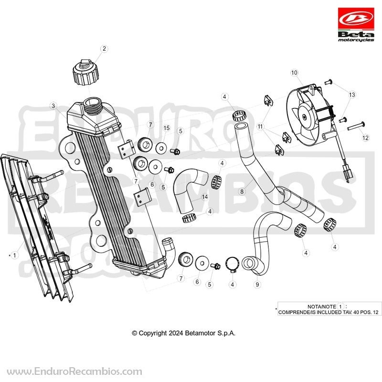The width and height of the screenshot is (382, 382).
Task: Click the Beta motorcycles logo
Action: tap(356, 25)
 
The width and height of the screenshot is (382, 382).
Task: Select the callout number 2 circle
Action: tap(104, 49)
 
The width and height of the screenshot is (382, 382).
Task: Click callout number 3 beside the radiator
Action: tap(53, 106)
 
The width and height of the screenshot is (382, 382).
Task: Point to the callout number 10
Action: tap(294, 73)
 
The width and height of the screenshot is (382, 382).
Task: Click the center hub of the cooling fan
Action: tap(305, 117)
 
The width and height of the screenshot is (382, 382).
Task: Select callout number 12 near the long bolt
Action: tap(365, 138)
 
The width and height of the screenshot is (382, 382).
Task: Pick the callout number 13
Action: tap(352, 95)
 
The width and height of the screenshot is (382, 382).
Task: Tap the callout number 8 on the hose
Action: tap(242, 191)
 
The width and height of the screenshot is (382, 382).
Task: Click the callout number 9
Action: tap(257, 284)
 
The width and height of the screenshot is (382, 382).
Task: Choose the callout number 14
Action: tap(205, 197)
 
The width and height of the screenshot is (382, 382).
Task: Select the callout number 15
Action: tap(166, 128)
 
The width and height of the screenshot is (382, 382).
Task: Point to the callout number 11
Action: tap(260, 127)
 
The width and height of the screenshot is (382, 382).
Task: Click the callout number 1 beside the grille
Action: tap(15, 255)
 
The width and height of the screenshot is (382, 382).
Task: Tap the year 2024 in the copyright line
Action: tap(175, 333)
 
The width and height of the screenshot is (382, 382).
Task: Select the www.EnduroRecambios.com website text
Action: tap(74, 372)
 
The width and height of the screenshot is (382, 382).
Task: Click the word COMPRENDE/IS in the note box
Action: tap(297, 312)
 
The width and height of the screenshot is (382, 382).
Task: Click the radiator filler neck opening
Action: tap(92, 101)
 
